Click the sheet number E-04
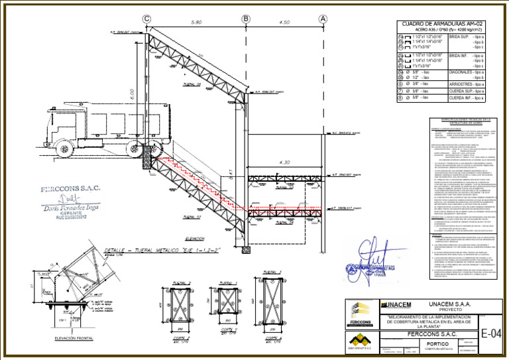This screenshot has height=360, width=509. [492, 331]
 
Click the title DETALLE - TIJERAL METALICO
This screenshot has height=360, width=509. [143, 250]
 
